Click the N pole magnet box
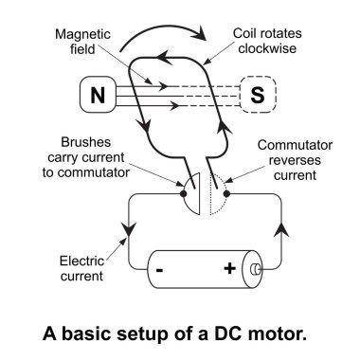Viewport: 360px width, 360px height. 98,95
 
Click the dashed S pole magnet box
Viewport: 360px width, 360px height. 258,95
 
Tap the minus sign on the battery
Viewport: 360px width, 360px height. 159,270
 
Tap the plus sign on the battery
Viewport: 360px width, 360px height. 229,269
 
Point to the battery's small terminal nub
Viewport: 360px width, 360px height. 255,269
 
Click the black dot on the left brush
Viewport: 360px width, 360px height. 183,193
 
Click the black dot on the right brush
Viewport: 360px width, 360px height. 226,193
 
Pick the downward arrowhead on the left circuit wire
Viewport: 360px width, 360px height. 129,228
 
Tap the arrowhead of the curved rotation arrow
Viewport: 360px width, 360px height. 200,33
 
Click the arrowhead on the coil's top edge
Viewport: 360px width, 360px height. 164,58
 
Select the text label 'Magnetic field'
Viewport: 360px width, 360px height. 82,42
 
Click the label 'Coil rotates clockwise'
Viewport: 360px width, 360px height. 267,41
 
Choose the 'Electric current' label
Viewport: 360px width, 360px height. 81,268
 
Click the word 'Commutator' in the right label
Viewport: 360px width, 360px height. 295,145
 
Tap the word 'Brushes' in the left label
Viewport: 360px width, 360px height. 86,142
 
